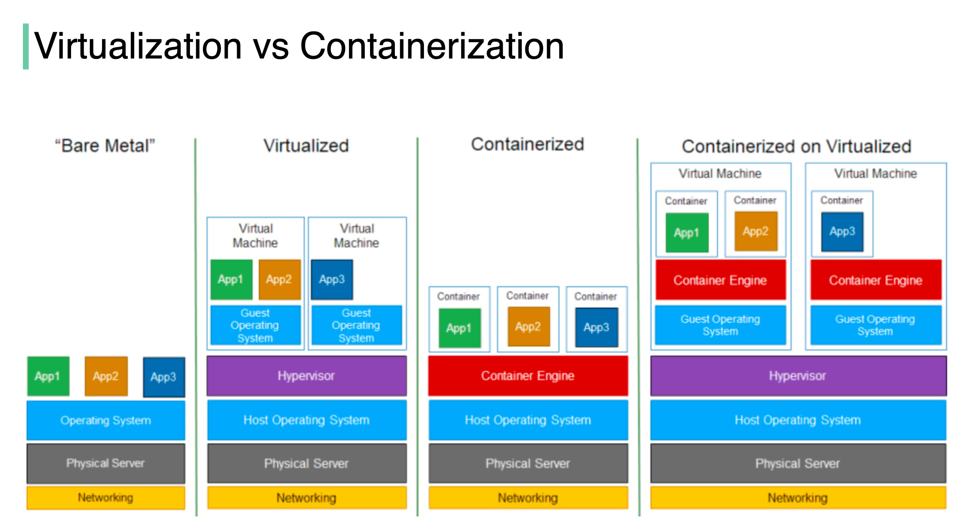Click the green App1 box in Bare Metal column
pyautogui.click(x=48, y=376)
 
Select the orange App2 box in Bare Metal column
pyautogui.click(x=106, y=376)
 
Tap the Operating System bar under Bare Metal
pyautogui.click(x=105, y=420)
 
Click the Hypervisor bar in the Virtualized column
pyautogui.click(x=306, y=376)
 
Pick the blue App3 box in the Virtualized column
pyautogui.click(x=332, y=279)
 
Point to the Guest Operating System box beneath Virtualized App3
pyautogui.click(x=356, y=325)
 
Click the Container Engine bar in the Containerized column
pyautogui.click(x=527, y=376)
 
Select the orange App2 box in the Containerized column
pyautogui.click(x=528, y=327)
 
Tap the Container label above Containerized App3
pyautogui.click(x=596, y=296)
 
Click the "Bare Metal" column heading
pyautogui.click(x=105, y=146)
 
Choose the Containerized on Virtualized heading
pyautogui.click(x=797, y=146)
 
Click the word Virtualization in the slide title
pyautogui.click(x=138, y=46)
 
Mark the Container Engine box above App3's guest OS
pyautogui.click(x=875, y=280)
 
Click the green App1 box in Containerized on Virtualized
pyautogui.click(x=686, y=233)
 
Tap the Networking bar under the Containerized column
pyautogui.click(x=527, y=498)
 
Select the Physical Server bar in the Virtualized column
pyautogui.click(x=306, y=463)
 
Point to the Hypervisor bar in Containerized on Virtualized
pyautogui.click(x=798, y=376)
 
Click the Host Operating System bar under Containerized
pyautogui.click(x=527, y=420)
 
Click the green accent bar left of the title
pyautogui.click(x=26, y=46)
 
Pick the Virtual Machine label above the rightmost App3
pyautogui.click(x=875, y=174)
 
